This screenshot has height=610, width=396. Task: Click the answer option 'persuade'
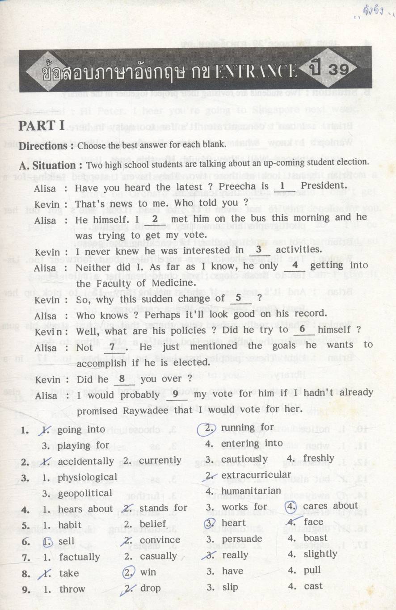[x=242, y=538]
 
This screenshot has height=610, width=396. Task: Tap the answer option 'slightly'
[x=320, y=554]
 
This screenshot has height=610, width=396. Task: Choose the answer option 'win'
[x=148, y=572]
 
